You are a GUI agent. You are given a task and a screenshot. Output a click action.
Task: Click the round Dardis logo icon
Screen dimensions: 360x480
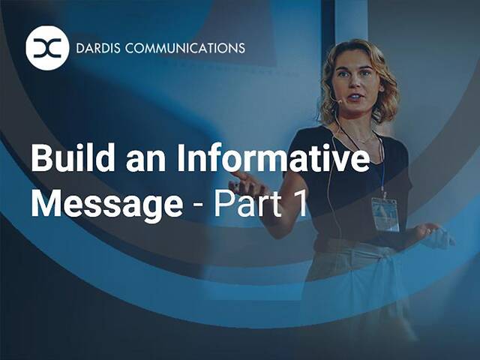click(x=47, y=48)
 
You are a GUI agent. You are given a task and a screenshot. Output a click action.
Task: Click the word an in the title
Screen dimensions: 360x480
click(x=133, y=160)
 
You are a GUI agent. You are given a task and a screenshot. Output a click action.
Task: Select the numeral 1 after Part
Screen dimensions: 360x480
click(x=300, y=202)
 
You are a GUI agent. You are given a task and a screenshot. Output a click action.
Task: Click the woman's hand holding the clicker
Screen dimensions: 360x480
click(x=435, y=235)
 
